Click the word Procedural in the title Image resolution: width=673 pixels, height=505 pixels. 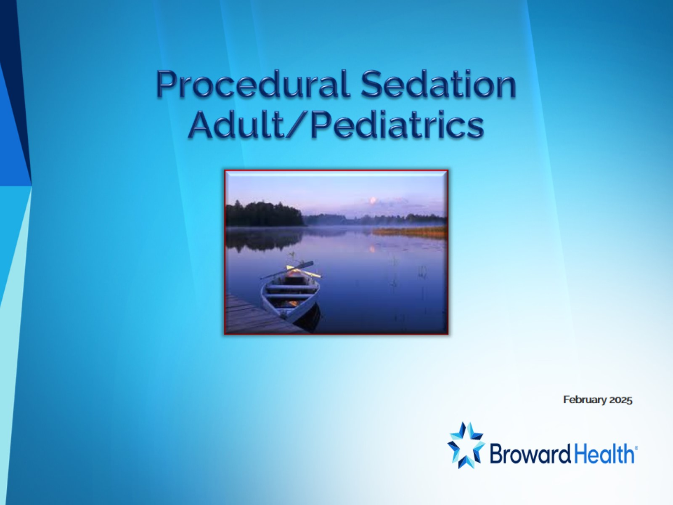[x=253, y=84]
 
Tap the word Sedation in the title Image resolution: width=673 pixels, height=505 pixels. [x=438, y=84]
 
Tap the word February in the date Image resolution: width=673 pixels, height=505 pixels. [x=585, y=400]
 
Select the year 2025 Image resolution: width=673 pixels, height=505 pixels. [x=621, y=400]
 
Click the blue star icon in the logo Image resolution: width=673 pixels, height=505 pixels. [x=466, y=445]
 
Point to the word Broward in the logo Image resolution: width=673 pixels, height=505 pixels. [x=530, y=455]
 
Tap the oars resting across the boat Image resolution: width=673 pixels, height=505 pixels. [x=291, y=270]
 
